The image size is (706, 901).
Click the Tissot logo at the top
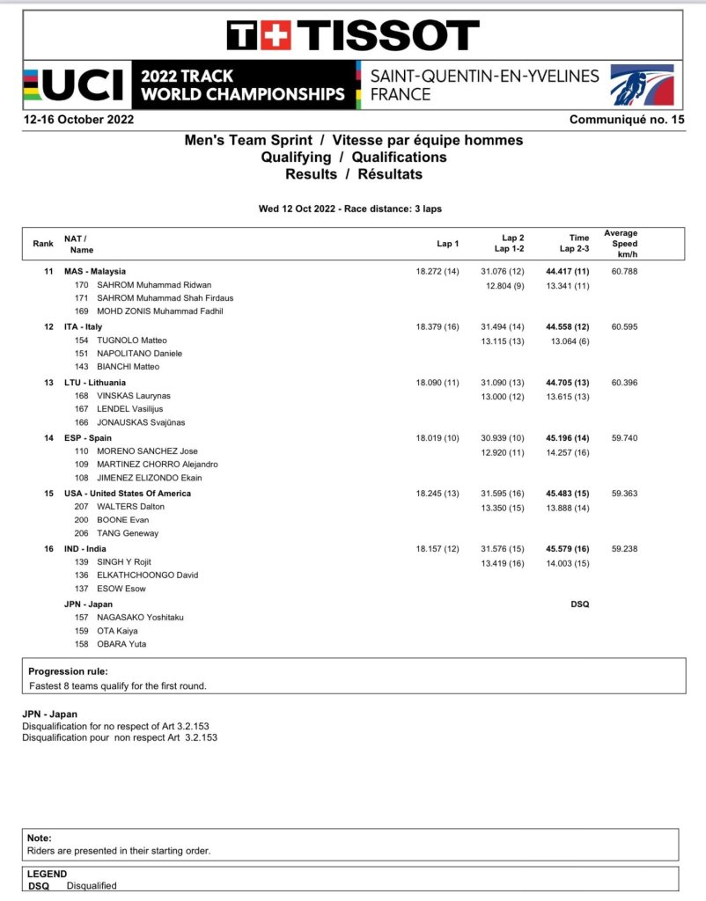pyautogui.click(x=353, y=35)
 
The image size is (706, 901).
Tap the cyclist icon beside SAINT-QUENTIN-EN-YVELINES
pyautogui.click(x=642, y=85)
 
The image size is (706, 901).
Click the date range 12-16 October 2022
pyautogui.click(x=78, y=120)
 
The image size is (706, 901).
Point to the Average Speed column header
pyautogui.click(x=621, y=243)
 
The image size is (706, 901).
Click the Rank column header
pyautogui.click(x=43, y=244)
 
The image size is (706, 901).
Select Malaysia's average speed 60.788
pyautogui.click(x=623, y=272)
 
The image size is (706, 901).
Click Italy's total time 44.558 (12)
pyautogui.click(x=567, y=326)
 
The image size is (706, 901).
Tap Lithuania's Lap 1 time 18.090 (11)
pyautogui.click(x=438, y=382)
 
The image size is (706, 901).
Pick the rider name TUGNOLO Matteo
pyautogui.click(x=133, y=341)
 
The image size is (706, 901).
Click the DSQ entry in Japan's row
pyautogui.click(x=579, y=604)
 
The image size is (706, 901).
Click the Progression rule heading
pyautogui.click(x=69, y=671)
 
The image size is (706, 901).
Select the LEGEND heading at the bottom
pyautogui.click(x=47, y=874)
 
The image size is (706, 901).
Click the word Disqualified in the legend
pyautogui.click(x=92, y=885)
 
